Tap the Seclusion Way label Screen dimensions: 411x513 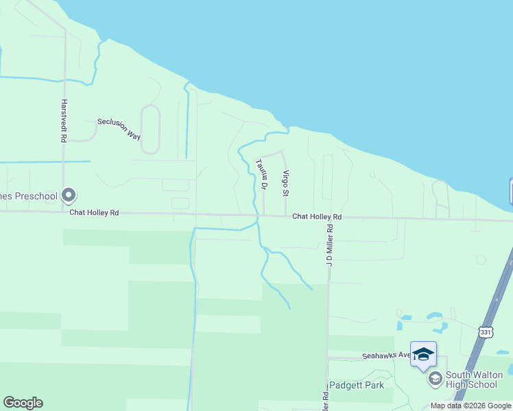(119, 128)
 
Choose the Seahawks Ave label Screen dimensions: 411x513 (386, 356)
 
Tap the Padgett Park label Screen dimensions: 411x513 (356, 385)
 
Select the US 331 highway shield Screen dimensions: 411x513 (486, 332)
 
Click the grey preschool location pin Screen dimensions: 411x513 (69, 196)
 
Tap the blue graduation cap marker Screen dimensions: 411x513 (423, 353)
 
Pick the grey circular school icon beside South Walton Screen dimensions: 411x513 (435, 378)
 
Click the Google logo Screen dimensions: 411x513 (23, 403)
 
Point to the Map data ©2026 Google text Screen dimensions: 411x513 (470, 406)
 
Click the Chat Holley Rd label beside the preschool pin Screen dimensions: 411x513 (94, 213)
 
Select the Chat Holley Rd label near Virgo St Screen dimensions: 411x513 (316, 216)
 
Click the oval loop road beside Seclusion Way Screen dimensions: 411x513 (150, 129)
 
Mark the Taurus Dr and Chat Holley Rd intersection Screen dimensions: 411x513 (264, 215)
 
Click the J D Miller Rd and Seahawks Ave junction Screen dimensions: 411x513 (328, 358)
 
